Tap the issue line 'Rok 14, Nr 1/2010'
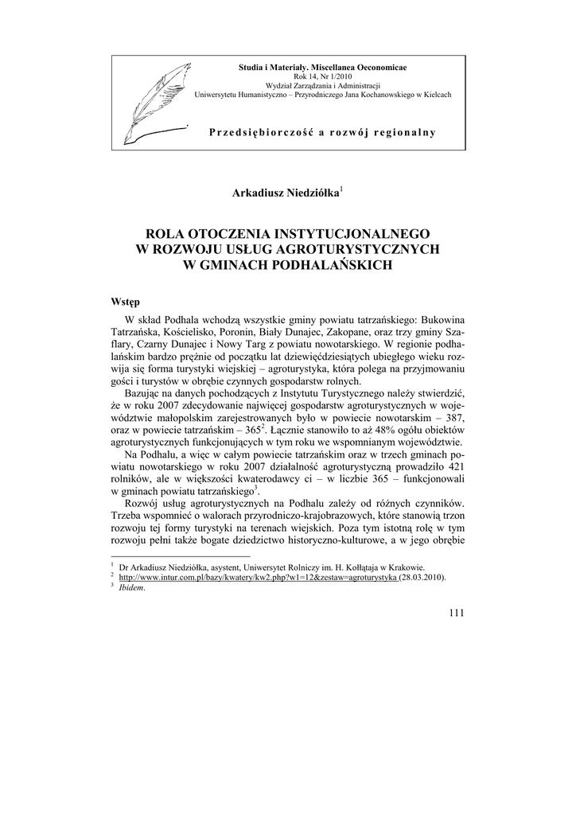[322, 76]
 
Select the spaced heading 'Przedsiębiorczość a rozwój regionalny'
[322, 132]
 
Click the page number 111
[456, 611]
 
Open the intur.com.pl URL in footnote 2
[258, 577]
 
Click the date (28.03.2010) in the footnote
[422, 577]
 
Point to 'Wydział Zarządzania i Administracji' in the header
[322, 85]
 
